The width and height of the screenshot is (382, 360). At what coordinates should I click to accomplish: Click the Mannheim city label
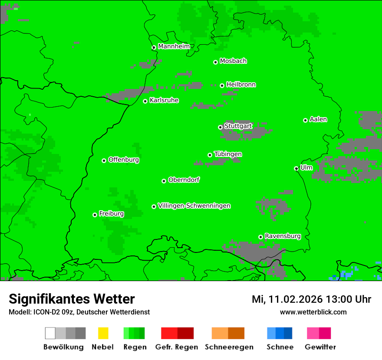pyautogui.click(x=174, y=46)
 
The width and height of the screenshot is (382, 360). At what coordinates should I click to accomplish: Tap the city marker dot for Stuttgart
pyautogui.click(x=220, y=127)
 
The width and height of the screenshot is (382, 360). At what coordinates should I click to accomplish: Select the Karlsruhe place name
pyautogui.click(x=164, y=100)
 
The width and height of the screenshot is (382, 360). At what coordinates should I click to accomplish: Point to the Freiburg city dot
pyautogui.click(x=95, y=215)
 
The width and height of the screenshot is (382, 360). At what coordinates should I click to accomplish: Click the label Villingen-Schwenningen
pyautogui.click(x=194, y=206)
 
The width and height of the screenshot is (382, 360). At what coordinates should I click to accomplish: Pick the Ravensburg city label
pyautogui.click(x=283, y=236)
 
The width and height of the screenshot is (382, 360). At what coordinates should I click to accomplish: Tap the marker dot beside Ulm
pyautogui.click(x=296, y=168)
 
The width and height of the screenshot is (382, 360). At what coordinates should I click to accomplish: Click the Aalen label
pyautogui.click(x=318, y=119)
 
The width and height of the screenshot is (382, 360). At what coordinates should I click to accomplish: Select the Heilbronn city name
pyautogui.click(x=241, y=85)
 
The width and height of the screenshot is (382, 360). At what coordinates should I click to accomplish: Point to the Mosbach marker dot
pyautogui.click(x=215, y=62)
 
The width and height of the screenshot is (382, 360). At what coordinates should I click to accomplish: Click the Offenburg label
pyautogui.click(x=123, y=160)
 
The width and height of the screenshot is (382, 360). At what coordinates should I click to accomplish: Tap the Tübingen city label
pyautogui.click(x=228, y=154)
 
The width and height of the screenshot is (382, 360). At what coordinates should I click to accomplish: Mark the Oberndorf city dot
pyautogui.click(x=164, y=181)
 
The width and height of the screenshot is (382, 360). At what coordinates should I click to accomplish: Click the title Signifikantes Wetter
pyautogui.click(x=72, y=299)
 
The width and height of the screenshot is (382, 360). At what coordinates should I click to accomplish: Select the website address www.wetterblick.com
pyautogui.click(x=313, y=312)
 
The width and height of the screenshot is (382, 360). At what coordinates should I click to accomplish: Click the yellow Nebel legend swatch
pyautogui.click(x=103, y=333)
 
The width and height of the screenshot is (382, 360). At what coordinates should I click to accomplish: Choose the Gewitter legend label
pyautogui.click(x=320, y=347)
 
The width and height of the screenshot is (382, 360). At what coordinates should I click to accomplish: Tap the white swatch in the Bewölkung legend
pyautogui.click(x=50, y=333)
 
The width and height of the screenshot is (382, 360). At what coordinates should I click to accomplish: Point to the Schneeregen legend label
pyautogui.click(x=229, y=347)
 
